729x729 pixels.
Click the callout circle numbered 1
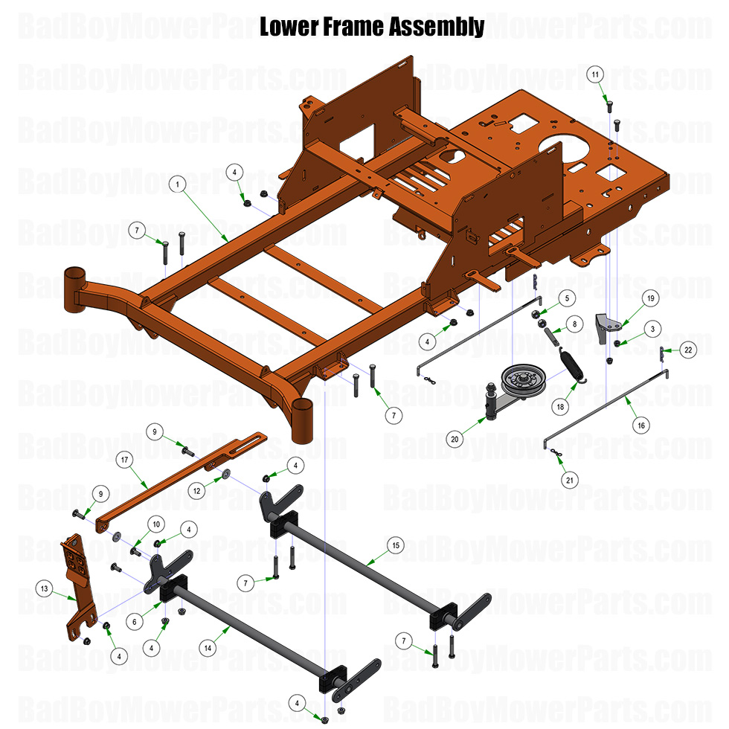177,183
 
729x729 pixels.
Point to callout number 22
687,350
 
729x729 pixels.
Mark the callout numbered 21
570,481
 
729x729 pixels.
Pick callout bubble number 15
396,545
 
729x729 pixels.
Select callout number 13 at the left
45,589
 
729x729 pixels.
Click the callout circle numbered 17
124,460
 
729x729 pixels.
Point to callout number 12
196,490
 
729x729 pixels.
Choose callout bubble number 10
155,523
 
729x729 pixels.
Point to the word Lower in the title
286,28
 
